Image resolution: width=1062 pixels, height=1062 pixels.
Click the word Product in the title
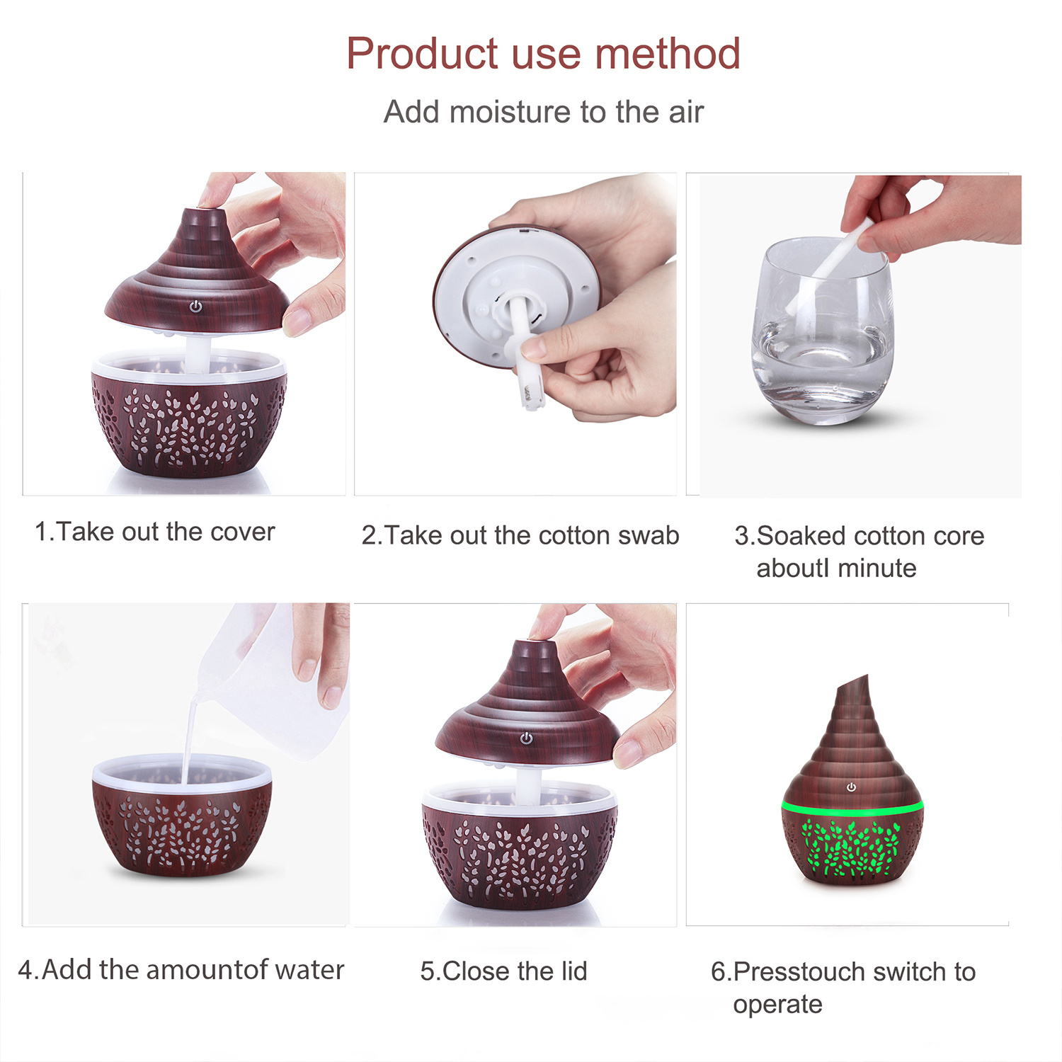point(422,55)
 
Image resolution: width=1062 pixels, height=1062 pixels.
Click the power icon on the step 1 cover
point(196,307)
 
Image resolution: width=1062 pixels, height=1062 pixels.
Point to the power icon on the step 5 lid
point(527,738)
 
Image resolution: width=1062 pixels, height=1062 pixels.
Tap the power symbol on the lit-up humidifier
point(851,787)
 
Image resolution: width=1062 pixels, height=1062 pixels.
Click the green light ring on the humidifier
point(852,807)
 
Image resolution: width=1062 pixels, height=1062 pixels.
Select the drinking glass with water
point(823,331)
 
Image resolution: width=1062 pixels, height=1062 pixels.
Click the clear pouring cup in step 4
point(276,680)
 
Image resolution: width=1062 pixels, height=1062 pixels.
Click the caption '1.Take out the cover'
point(154,532)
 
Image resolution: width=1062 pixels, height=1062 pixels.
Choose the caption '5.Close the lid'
point(503,971)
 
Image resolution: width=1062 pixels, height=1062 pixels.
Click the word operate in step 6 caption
point(777,1005)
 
